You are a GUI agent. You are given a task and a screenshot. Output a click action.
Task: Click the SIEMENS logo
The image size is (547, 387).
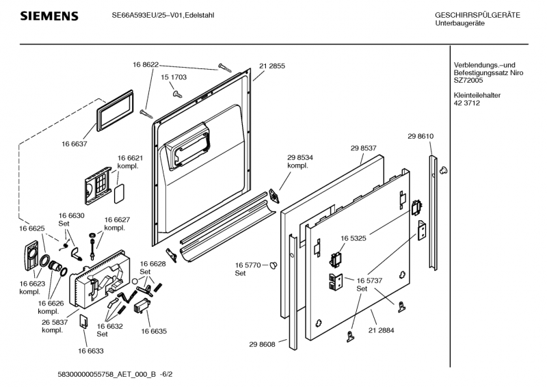(49, 16)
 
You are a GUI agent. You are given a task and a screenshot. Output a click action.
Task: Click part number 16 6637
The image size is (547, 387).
(74, 144)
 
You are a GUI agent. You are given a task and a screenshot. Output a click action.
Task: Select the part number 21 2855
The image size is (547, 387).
(271, 66)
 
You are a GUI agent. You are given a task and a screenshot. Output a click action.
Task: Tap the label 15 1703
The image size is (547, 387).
(174, 77)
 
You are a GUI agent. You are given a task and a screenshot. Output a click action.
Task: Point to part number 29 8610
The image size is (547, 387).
(421, 136)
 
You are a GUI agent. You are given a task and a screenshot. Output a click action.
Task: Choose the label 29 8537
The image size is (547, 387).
(364, 148)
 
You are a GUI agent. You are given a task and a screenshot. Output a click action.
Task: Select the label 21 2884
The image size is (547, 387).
(381, 330)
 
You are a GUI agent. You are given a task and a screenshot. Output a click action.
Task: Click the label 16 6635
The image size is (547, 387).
(154, 331)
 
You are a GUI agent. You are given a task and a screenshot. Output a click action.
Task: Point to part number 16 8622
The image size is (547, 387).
(145, 64)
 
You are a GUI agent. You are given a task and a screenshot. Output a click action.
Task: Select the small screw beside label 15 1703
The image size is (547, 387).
(177, 93)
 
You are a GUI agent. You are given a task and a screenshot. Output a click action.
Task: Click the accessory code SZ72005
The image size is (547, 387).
(468, 80)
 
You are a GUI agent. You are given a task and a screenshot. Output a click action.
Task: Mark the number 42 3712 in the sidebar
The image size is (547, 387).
(466, 103)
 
